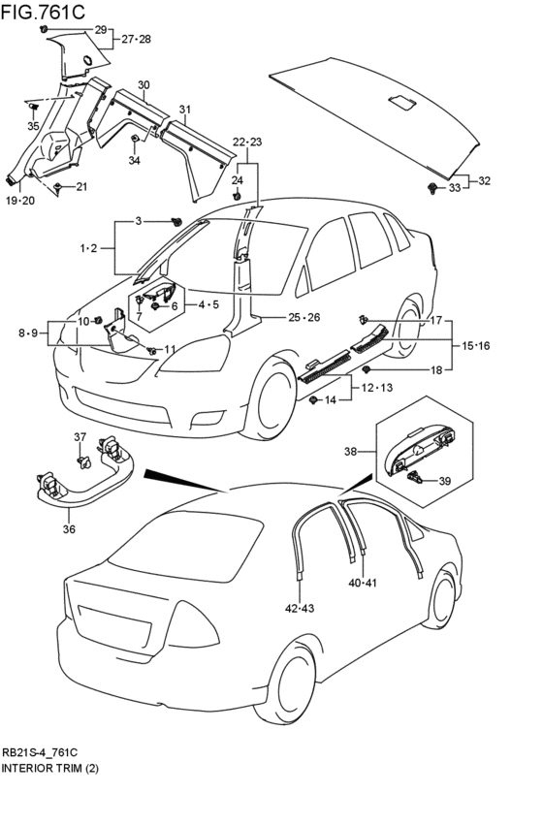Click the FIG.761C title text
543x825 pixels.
pos(43,12)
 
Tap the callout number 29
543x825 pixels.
pos(101,30)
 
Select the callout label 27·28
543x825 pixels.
pos(137,40)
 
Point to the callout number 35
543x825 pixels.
pos(33,126)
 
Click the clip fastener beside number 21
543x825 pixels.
pos(57,187)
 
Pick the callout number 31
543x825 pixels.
pos(184,110)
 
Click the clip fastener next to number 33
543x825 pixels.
pos(433,188)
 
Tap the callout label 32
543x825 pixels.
pos(484,181)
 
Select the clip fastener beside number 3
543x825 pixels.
pos(176,222)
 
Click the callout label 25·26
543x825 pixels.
pos(303,317)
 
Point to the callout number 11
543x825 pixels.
pos(170,349)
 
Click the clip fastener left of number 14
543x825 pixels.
pos(313,400)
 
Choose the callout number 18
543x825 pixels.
pos(436,370)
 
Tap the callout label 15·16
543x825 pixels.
pos(475,346)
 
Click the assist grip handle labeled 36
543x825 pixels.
pos(84,473)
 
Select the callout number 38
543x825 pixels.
pos(351,452)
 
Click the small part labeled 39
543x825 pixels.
pos(415,477)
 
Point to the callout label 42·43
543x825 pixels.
pos(300,608)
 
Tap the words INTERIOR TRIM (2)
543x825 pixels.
pos(50,768)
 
